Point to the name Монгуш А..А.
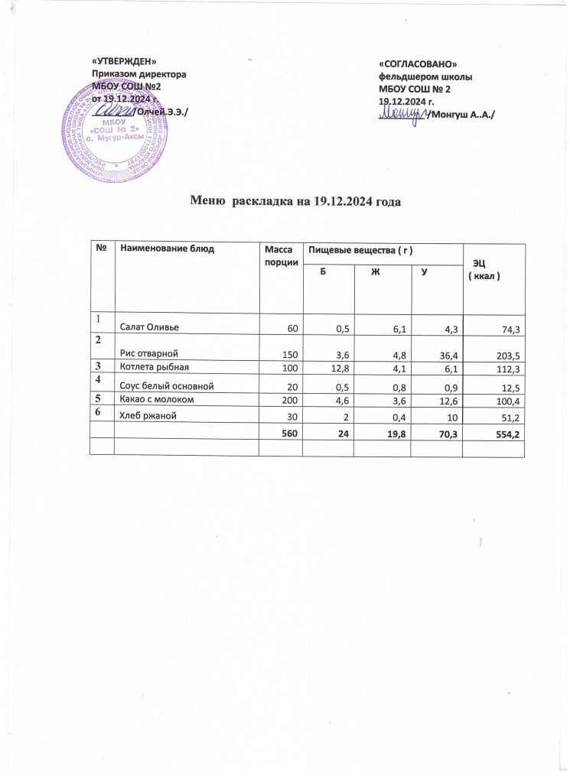[x=461, y=114]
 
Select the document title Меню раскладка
[x=295, y=202]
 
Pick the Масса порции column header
[x=278, y=255]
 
